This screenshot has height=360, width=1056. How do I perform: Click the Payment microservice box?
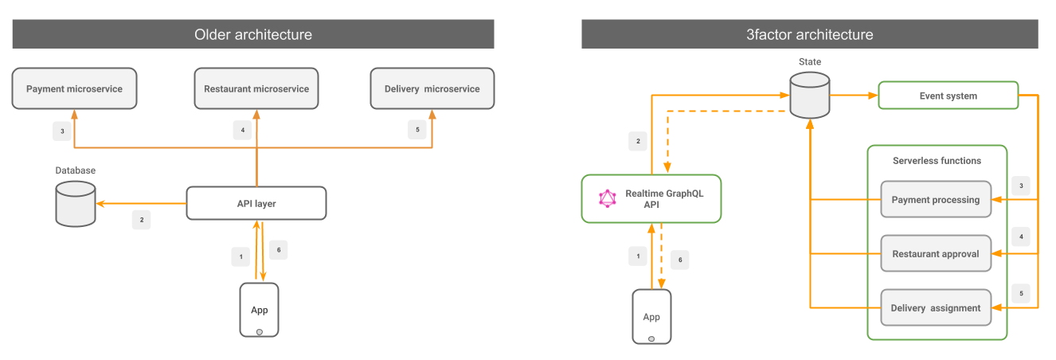point(74,88)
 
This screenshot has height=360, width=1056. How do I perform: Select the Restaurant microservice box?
point(256,88)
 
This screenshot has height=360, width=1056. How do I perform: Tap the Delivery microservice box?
point(432,88)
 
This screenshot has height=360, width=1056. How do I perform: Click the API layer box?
point(256,203)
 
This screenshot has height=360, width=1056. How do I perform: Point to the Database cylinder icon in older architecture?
point(76,203)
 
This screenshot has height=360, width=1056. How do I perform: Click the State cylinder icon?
point(810,96)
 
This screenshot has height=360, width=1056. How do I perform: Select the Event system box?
point(948,96)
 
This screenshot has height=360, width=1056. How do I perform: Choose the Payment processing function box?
point(936,199)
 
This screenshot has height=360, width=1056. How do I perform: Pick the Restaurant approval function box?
point(936,253)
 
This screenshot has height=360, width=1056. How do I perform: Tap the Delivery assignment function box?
point(936,307)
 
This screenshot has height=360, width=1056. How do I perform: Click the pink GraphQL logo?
point(608,198)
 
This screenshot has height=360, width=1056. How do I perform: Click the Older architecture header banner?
point(253,34)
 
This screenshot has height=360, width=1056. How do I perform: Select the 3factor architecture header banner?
point(809,34)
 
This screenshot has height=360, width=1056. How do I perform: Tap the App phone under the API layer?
point(260,310)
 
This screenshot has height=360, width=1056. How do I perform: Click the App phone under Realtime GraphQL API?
point(651,316)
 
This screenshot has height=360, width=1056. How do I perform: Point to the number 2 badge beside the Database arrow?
point(141,220)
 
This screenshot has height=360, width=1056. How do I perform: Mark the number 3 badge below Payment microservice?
point(62,131)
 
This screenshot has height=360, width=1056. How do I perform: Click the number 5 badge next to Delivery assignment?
point(1021,292)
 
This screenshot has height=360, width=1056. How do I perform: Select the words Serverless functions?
point(937,160)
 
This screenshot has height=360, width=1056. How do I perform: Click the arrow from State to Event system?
point(854,96)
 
